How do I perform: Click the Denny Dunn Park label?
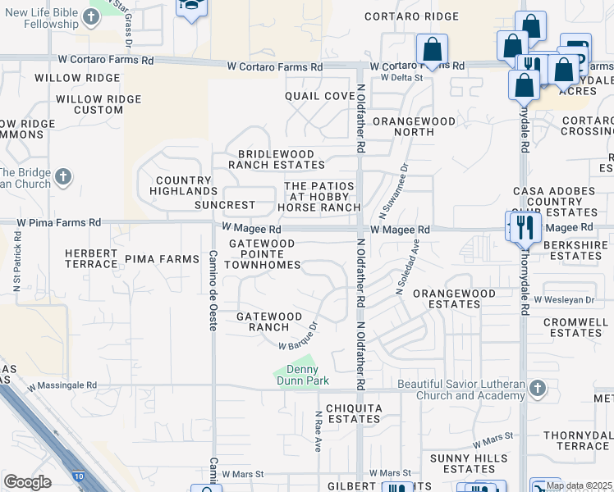coord(300,376)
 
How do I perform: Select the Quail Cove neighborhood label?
coord(320,96)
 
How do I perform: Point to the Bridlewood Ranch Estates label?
coord(276,159)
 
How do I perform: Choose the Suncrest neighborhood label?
coord(225,205)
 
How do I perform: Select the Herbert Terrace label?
coord(91,259)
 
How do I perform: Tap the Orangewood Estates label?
coord(454,298)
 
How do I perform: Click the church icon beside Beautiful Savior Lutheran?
coord(537,388)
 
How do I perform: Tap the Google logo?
coord(27,482)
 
